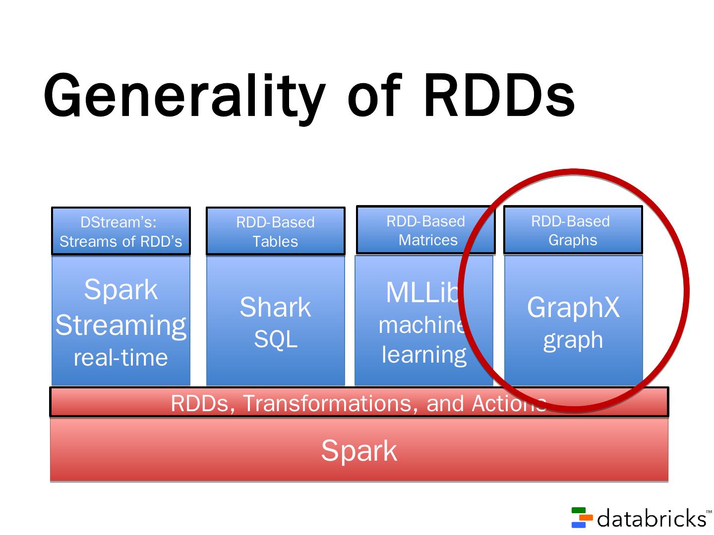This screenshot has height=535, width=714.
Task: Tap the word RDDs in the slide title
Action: click(499, 96)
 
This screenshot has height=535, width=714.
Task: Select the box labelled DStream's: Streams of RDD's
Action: click(120, 231)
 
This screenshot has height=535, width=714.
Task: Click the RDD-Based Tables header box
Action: click(275, 231)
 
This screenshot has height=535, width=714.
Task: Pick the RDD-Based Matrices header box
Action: click(425, 230)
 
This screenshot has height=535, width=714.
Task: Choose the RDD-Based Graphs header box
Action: click(573, 230)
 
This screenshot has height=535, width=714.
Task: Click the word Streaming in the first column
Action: click(120, 325)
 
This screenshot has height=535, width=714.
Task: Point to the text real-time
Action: click(120, 358)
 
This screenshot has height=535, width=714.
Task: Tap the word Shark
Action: click(275, 307)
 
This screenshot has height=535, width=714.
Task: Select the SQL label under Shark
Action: click(275, 339)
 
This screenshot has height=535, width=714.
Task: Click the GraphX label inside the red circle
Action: click(573, 307)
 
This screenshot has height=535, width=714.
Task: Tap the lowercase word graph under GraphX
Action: click(573, 340)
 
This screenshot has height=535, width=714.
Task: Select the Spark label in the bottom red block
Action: click(359, 451)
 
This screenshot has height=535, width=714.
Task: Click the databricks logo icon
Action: click(582, 517)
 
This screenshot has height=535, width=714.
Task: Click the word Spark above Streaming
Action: click(120, 289)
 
